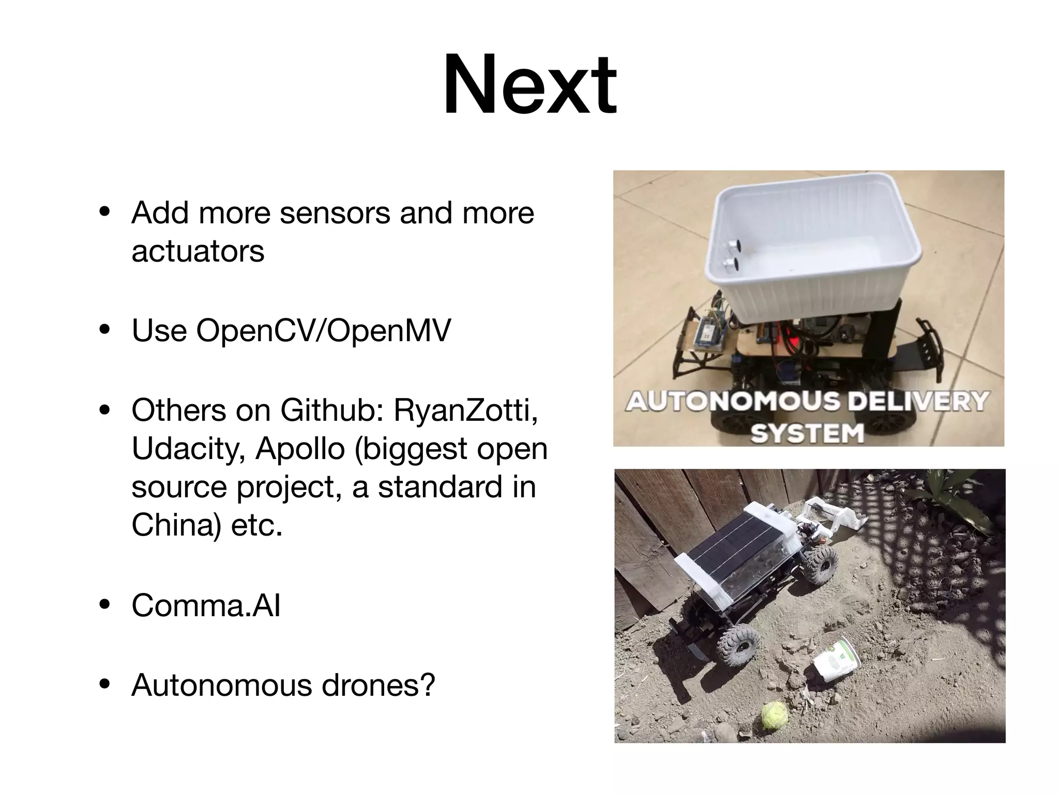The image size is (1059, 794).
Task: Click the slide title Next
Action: point(529,85)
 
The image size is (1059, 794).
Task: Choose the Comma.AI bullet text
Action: point(206,605)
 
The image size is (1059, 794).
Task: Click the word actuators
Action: point(198,251)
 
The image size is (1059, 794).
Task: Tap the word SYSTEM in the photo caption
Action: point(807,433)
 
